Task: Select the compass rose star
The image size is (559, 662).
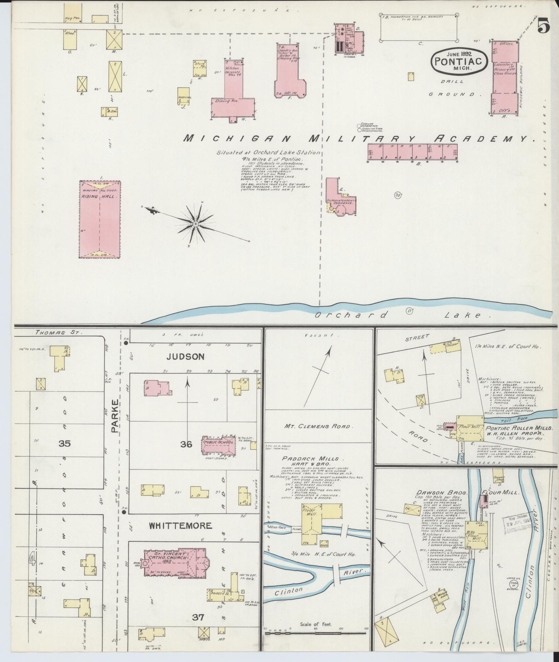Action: click(x=195, y=224)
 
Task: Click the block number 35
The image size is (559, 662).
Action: click(x=64, y=444)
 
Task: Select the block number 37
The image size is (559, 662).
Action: click(x=198, y=617)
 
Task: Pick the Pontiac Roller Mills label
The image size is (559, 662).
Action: click(x=518, y=428)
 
